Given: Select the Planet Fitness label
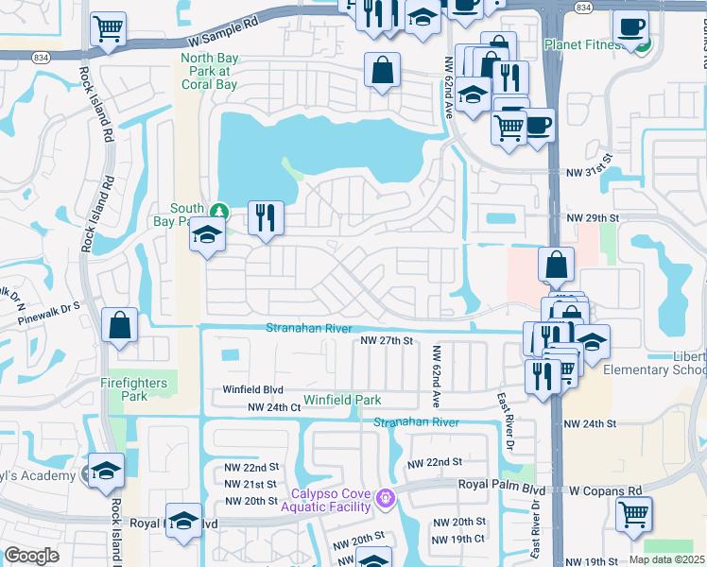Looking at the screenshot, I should [584, 44].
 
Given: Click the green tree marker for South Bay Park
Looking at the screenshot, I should [219, 210].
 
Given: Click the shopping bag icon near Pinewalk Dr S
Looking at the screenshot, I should [120, 325].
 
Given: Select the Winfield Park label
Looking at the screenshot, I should [342, 400].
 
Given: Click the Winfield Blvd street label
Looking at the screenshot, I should [252, 389].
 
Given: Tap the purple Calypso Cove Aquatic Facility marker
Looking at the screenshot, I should [384, 497].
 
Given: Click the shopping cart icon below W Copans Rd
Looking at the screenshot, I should [632, 515].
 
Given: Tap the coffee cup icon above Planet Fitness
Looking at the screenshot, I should [630, 26].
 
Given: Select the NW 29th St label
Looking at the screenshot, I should [592, 218].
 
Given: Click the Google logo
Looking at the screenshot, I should [32, 556].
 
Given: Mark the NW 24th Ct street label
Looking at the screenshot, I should [273, 407].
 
